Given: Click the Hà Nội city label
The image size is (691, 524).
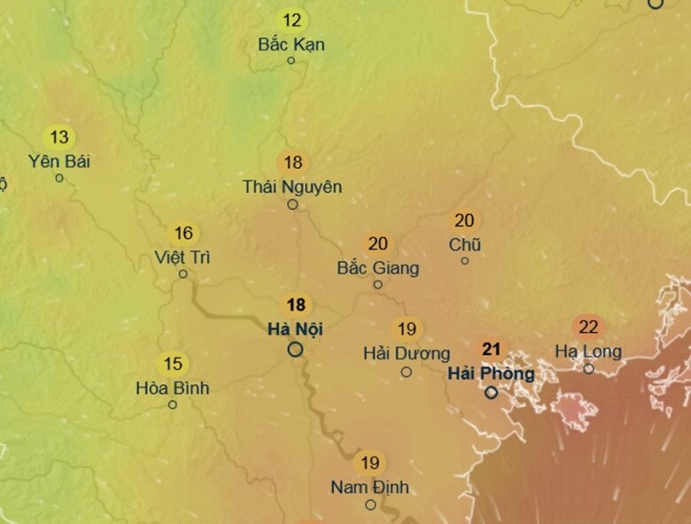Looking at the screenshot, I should (x=295, y=329).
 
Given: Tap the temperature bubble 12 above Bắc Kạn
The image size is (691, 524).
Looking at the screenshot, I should (x=291, y=19).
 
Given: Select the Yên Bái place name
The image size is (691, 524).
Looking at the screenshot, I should (x=59, y=161).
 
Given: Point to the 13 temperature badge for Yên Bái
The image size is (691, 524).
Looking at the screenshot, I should (x=58, y=137).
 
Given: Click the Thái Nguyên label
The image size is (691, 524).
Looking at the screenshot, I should (x=292, y=187).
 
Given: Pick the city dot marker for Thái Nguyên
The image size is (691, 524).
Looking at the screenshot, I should (x=292, y=204).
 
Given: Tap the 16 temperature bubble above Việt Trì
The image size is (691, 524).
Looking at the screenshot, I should (x=183, y=234).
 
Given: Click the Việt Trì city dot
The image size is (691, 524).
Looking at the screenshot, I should (x=183, y=274).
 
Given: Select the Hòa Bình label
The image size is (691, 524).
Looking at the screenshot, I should (x=173, y=388).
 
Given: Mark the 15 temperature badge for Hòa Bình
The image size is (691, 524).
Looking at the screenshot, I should (x=173, y=364).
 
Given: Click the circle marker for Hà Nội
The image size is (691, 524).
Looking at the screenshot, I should (x=295, y=350).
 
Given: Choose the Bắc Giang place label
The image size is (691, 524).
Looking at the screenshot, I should (x=378, y=267).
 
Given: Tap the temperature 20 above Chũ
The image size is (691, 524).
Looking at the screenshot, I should (x=464, y=220).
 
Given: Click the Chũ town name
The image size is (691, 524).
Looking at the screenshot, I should (x=465, y=244).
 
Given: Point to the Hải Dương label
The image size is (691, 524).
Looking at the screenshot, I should (x=407, y=353).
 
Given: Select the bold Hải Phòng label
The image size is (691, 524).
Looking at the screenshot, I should (x=491, y=373).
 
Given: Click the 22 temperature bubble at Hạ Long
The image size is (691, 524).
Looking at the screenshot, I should (x=588, y=327).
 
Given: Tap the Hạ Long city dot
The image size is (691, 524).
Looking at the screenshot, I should (x=588, y=368).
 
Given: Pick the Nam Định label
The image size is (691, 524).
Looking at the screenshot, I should (x=370, y=487).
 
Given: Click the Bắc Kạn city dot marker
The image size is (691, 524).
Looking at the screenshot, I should (x=291, y=60).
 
